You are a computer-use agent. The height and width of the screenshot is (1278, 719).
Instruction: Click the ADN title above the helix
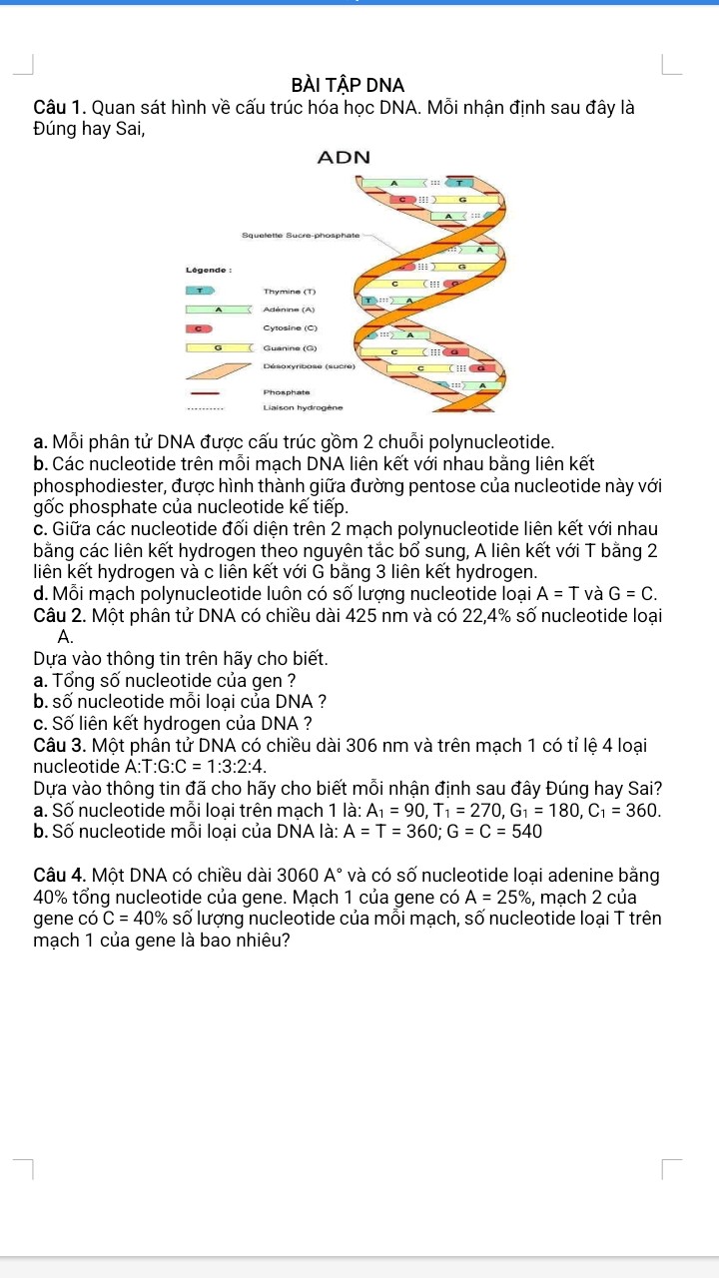[343, 158]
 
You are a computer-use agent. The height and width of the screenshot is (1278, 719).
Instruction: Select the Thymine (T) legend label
[290, 291]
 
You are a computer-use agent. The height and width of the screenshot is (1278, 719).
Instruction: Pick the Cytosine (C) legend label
[290, 327]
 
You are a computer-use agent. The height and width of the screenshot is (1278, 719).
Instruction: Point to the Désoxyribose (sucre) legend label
[311, 366]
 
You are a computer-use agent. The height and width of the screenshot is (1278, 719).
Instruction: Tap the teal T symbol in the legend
[200, 291]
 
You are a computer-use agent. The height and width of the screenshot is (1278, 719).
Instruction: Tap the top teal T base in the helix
[459, 183]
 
